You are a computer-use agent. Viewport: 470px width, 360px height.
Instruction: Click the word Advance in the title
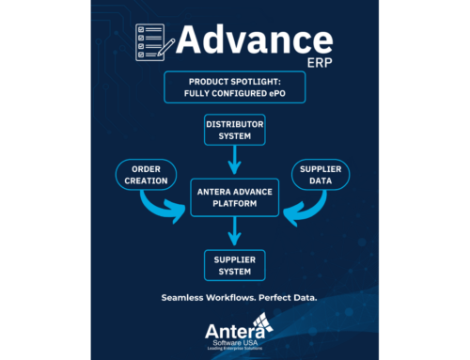[x=254, y=42]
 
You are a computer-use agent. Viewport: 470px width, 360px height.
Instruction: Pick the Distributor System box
[x=234, y=130]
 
